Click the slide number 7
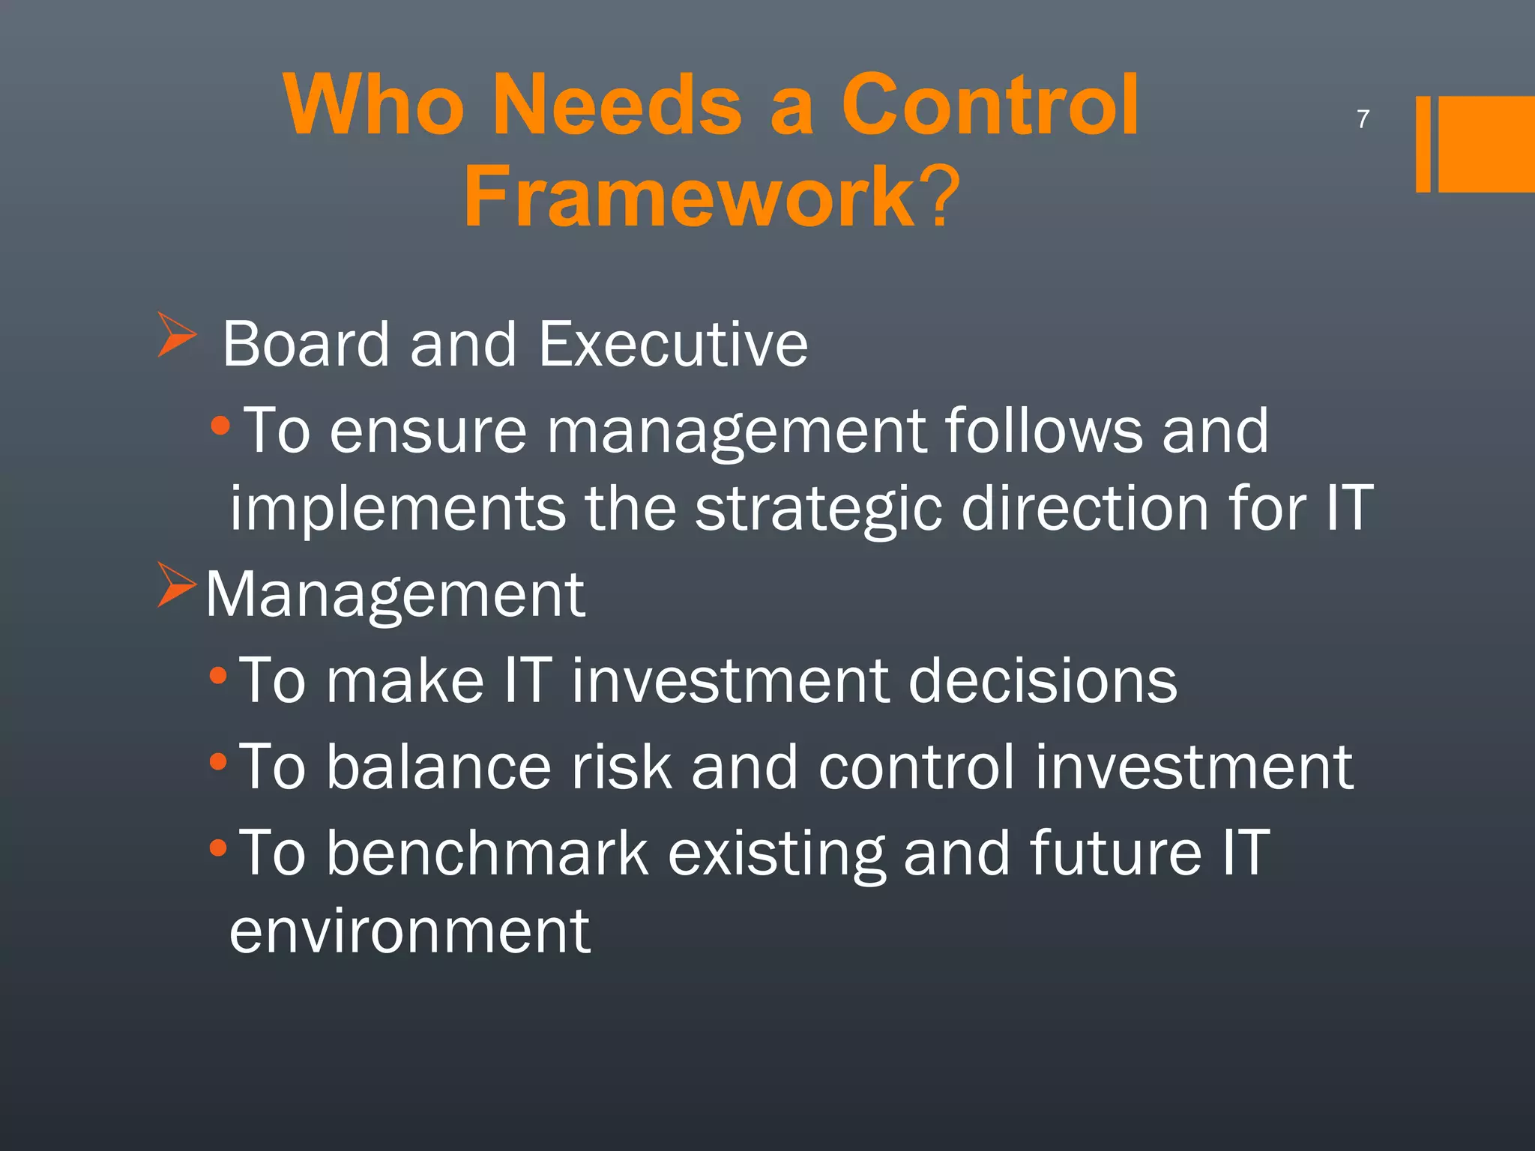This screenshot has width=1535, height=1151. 1363,119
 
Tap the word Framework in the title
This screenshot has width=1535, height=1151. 689,196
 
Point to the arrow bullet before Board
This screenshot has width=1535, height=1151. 177,335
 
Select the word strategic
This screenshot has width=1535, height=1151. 818,510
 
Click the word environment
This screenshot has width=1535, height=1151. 410,931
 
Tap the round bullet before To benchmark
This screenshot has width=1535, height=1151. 218,849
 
